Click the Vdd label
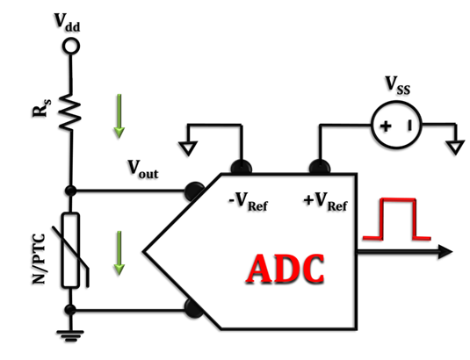[67, 23]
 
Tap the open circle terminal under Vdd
[71, 47]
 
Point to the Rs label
[41, 108]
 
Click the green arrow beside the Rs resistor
[119, 116]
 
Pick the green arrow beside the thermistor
[119, 253]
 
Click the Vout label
[143, 169]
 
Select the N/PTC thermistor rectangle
[71, 250]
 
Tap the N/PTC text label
[39, 259]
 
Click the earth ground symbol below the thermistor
[70, 335]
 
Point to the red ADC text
[285, 270]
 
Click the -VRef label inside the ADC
[248, 202]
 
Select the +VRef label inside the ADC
[326, 202]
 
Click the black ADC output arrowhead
[445, 252]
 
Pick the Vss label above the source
[397, 86]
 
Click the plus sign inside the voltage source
[386, 126]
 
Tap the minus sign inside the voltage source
[409, 126]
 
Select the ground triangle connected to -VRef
[188, 148]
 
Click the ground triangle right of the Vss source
[456, 148]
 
